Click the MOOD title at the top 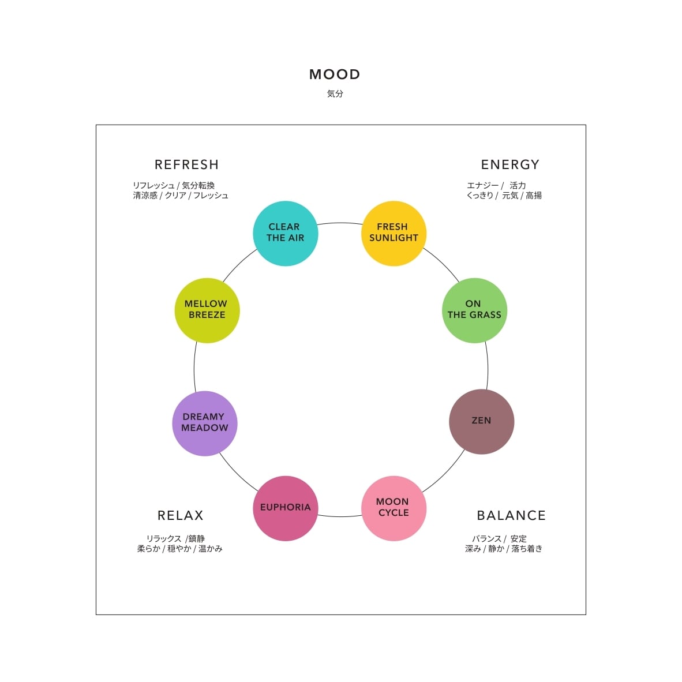coord(335,74)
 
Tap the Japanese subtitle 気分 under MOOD coord(335,93)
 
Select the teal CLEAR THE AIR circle coord(286,233)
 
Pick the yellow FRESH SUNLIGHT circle coord(394,233)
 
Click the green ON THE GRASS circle coord(474,310)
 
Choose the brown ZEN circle coord(481,421)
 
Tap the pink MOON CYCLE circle coord(394,508)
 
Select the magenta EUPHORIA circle coord(286,508)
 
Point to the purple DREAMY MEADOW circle coord(204,423)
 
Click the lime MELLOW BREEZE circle coord(207,310)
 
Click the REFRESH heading coord(186,164)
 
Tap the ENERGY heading coord(510,164)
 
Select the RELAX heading coord(181,515)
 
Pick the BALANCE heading coord(511,515)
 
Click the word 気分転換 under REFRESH coord(198,185)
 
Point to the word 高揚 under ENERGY coord(534,195)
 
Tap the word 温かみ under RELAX coord(211,549)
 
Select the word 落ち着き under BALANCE coord(527,549)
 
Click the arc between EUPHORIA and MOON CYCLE coord(340,516)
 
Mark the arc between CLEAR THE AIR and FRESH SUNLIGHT coord(340,223)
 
